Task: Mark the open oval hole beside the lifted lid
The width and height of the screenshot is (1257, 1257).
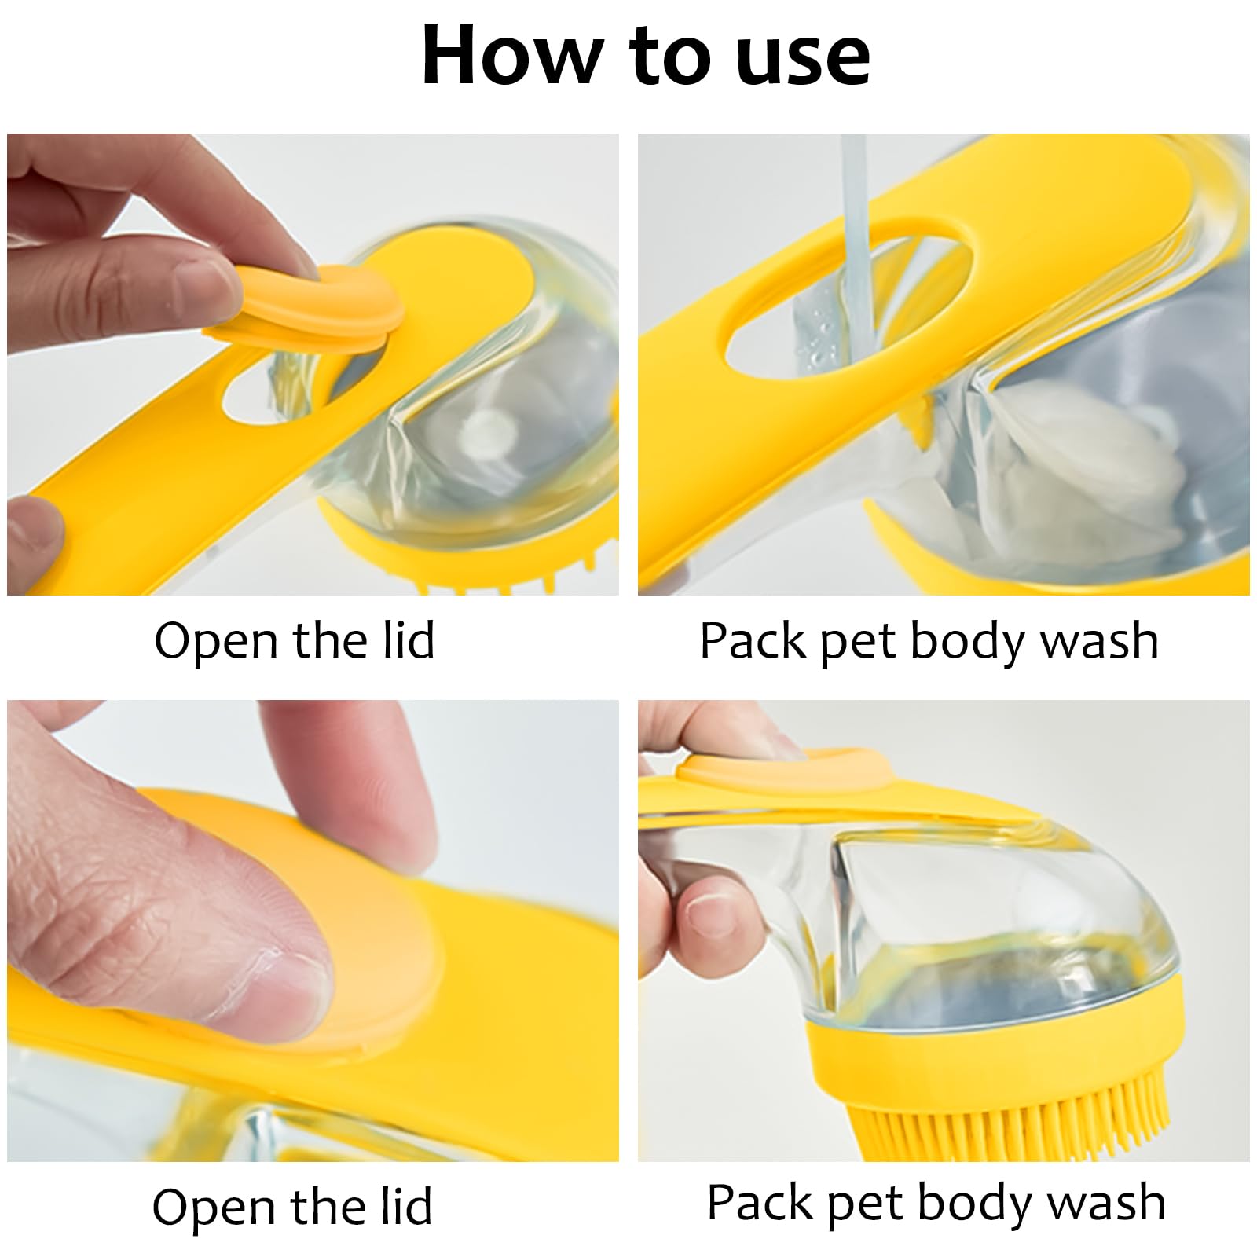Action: click(279, 393)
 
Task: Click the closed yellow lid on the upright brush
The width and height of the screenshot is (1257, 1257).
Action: click(786, 770)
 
